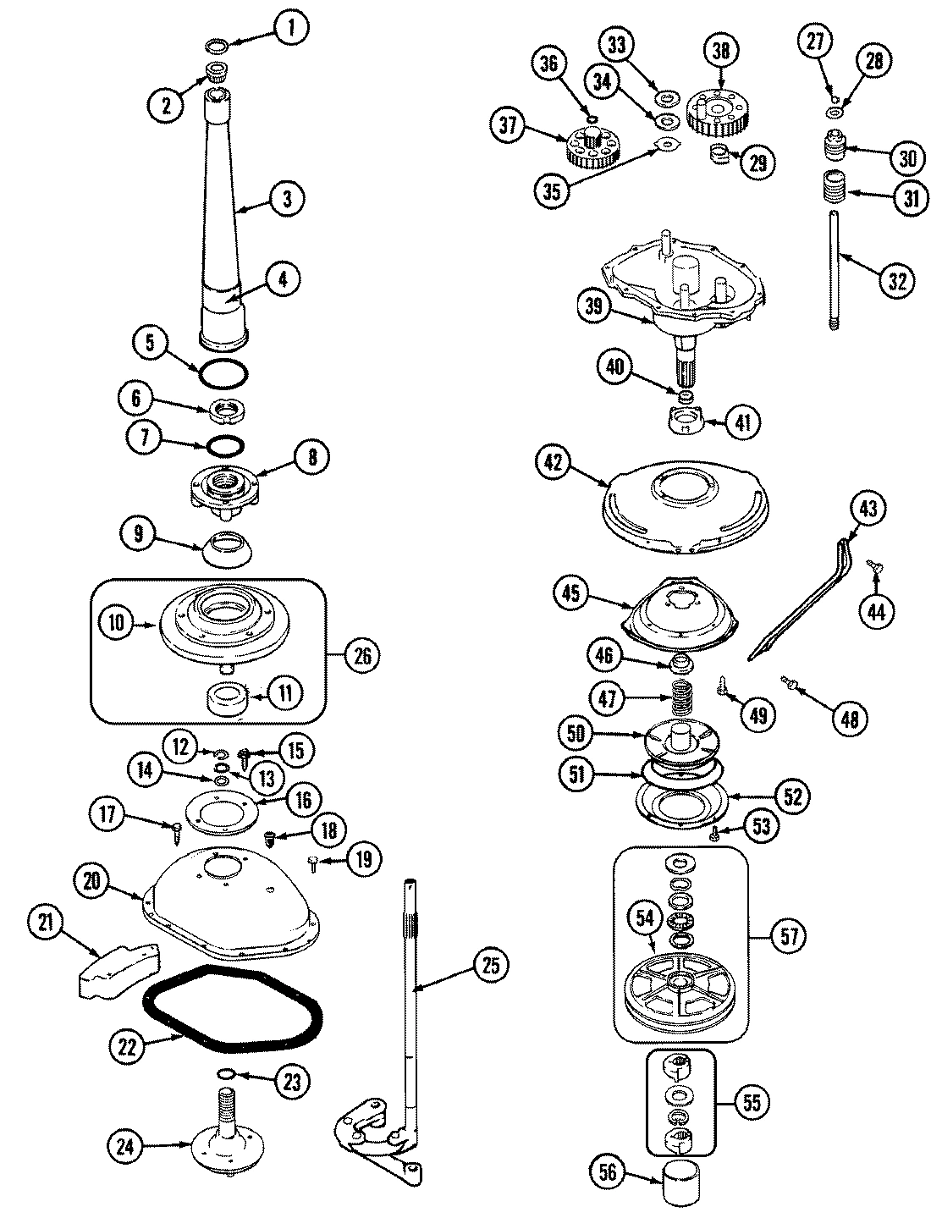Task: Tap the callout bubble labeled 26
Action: coord(361,656)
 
